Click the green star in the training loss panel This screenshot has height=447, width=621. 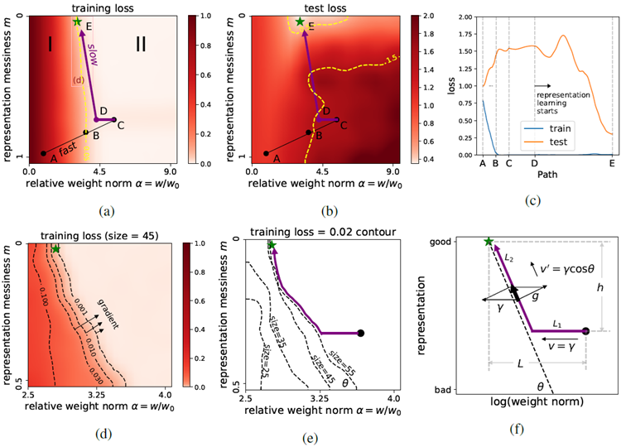(x=77, y=22)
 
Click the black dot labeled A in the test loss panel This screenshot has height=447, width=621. (x=266, y=153)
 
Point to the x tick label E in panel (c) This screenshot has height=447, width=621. (x=612, y=164)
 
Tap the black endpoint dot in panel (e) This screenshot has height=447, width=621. (x=360, y=333)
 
